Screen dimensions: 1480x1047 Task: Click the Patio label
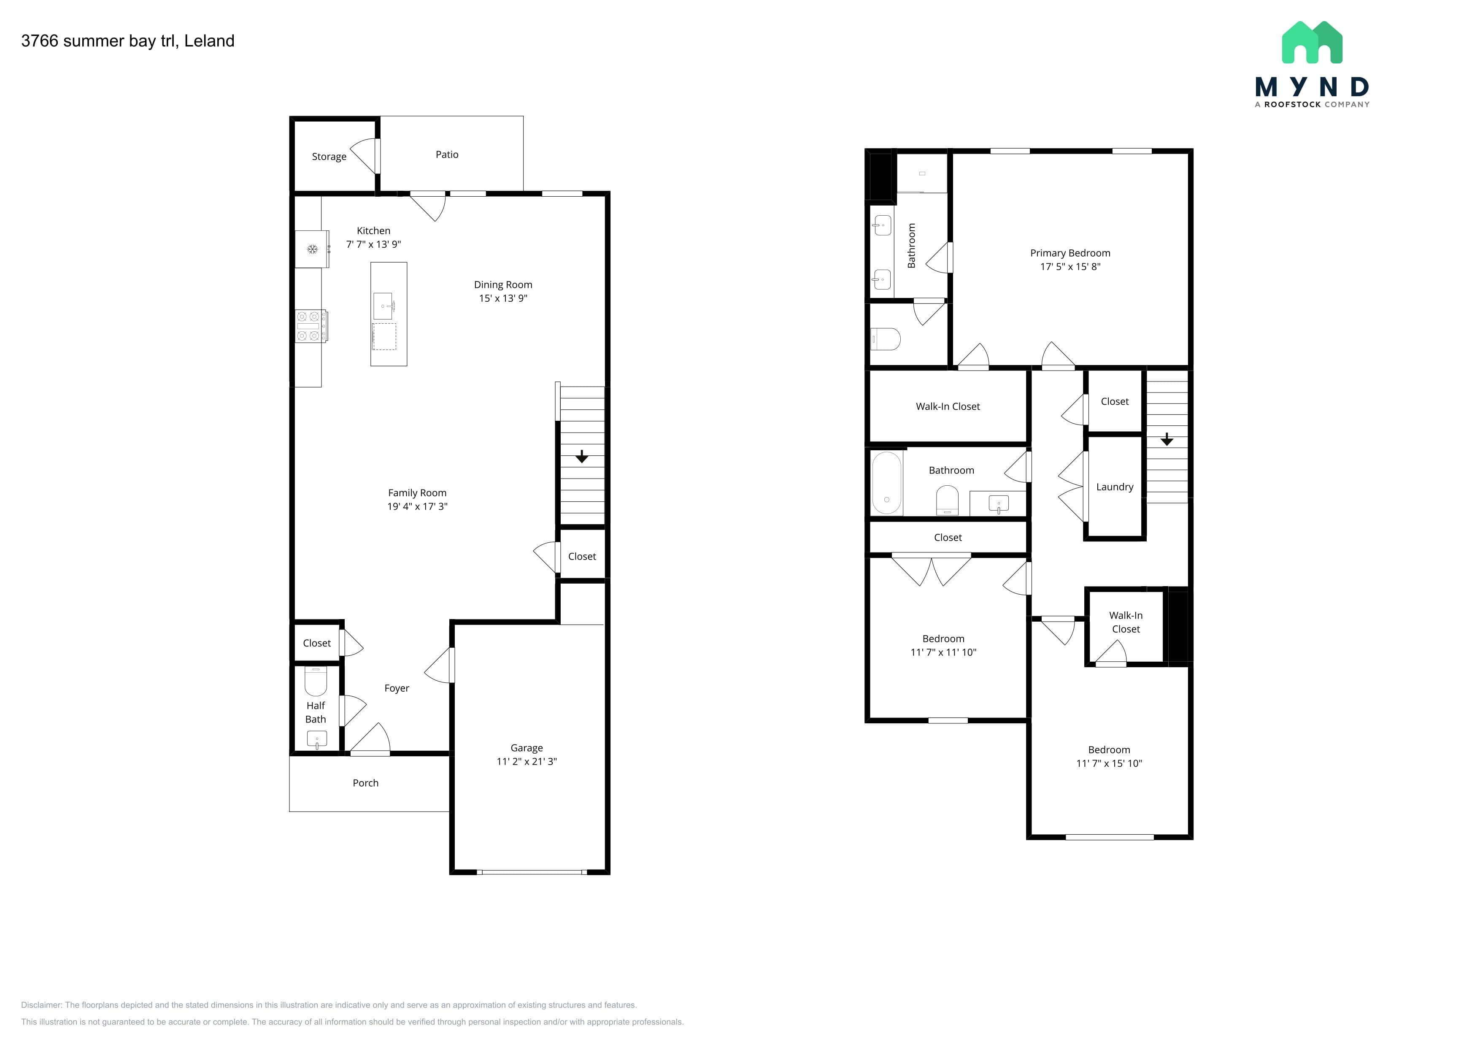(x=447, y=155)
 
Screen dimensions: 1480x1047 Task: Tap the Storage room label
(x=329, y=157)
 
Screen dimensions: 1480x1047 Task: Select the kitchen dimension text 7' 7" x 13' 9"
(x=373, y=244)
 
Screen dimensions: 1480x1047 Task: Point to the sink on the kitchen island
(x=384, y=306)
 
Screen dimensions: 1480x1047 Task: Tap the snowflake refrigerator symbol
(x=312, y=249)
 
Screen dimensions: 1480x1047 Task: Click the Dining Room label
(x=503, y=284)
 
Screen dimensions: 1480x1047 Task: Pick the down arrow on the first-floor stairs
(x=581, y=457)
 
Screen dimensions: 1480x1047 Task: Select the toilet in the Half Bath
(x=316, y=681)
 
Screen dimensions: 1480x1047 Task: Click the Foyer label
(x=397, y=689)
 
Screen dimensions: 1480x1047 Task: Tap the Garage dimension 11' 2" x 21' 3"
(x=527, y=761)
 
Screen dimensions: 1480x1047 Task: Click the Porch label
(x=365, y=783)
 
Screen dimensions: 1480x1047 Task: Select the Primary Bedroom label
(x=1070, y=253)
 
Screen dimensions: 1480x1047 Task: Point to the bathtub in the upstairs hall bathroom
(x=886, y=482)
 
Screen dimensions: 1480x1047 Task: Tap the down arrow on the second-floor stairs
(x=1167, y=439)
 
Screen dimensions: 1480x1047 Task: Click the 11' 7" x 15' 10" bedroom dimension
(x=1109, y=763)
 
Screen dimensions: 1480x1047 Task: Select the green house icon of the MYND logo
(x=1312, y=43)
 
